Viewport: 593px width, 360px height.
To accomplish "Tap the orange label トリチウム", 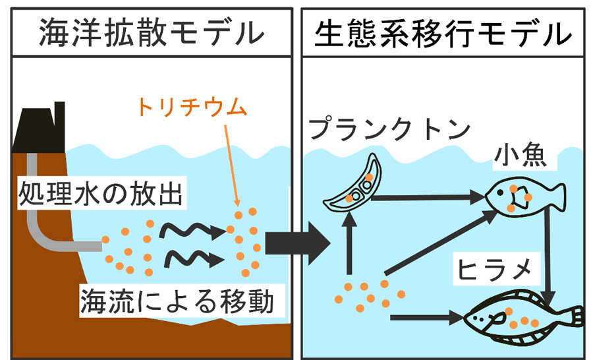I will pyautogui.click(x=191, y=106).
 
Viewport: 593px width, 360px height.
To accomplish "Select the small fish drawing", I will pyautogui.click(x=524, y=196).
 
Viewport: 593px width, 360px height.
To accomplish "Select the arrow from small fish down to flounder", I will pyautogui.click(x=548, y=254).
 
